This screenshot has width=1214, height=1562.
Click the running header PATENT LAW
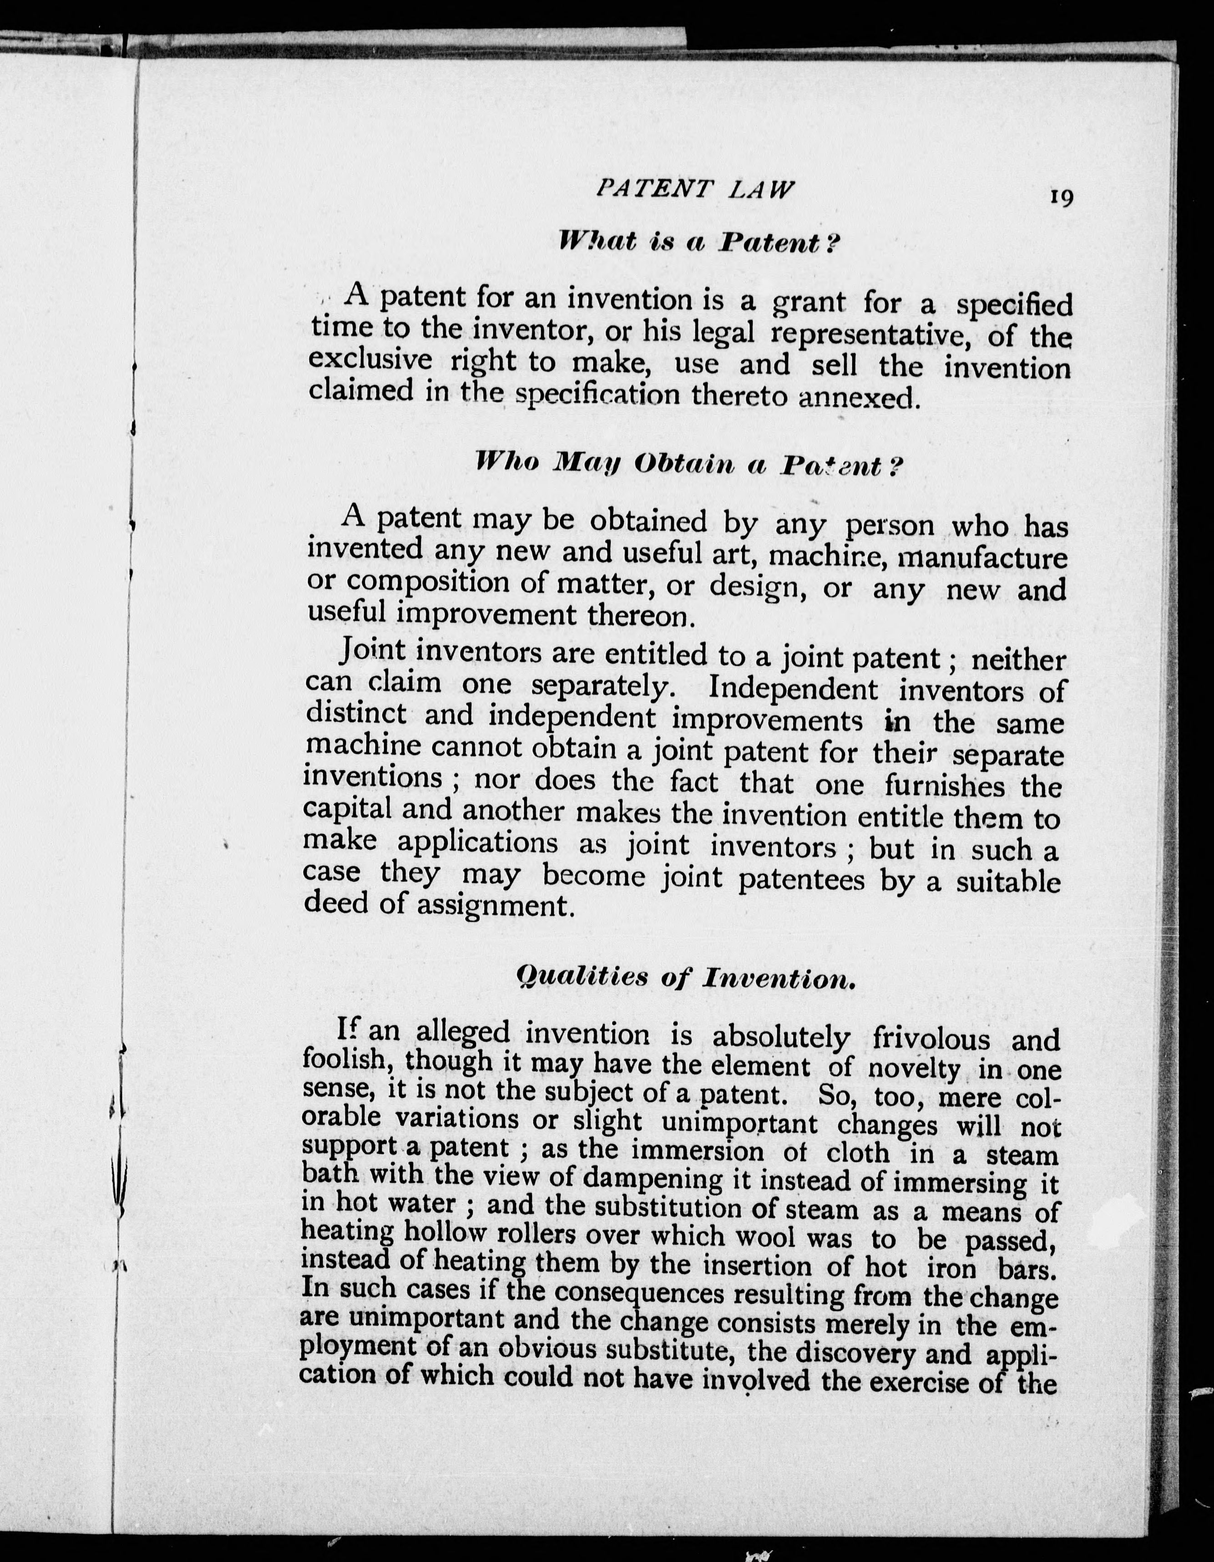(694, 189)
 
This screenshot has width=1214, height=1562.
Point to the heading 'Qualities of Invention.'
(686, 978)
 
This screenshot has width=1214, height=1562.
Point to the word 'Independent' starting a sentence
(792, 689)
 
